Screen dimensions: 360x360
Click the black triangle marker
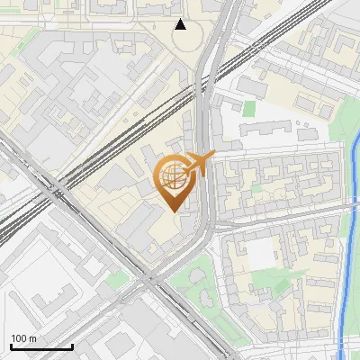(x=181, y=24)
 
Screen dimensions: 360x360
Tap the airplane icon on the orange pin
(x=200, y=164)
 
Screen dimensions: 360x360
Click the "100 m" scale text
(x=23, y=338)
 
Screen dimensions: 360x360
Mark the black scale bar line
(x=41, y=346)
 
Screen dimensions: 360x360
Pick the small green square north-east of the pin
(x=249, y=108)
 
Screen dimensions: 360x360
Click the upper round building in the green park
(x=199, y=274)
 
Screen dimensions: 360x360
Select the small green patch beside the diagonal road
(x=114, y=280)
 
